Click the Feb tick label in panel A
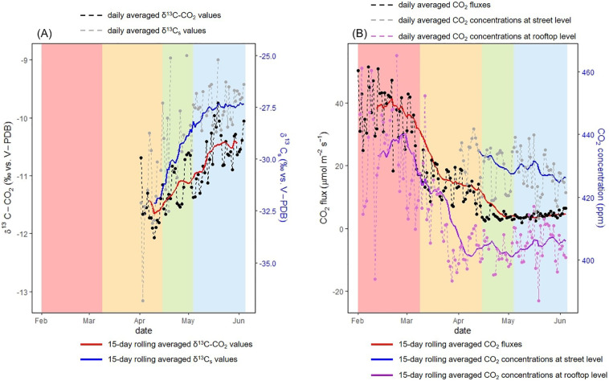tap(41, 319)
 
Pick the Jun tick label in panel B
tap(559, 319)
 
